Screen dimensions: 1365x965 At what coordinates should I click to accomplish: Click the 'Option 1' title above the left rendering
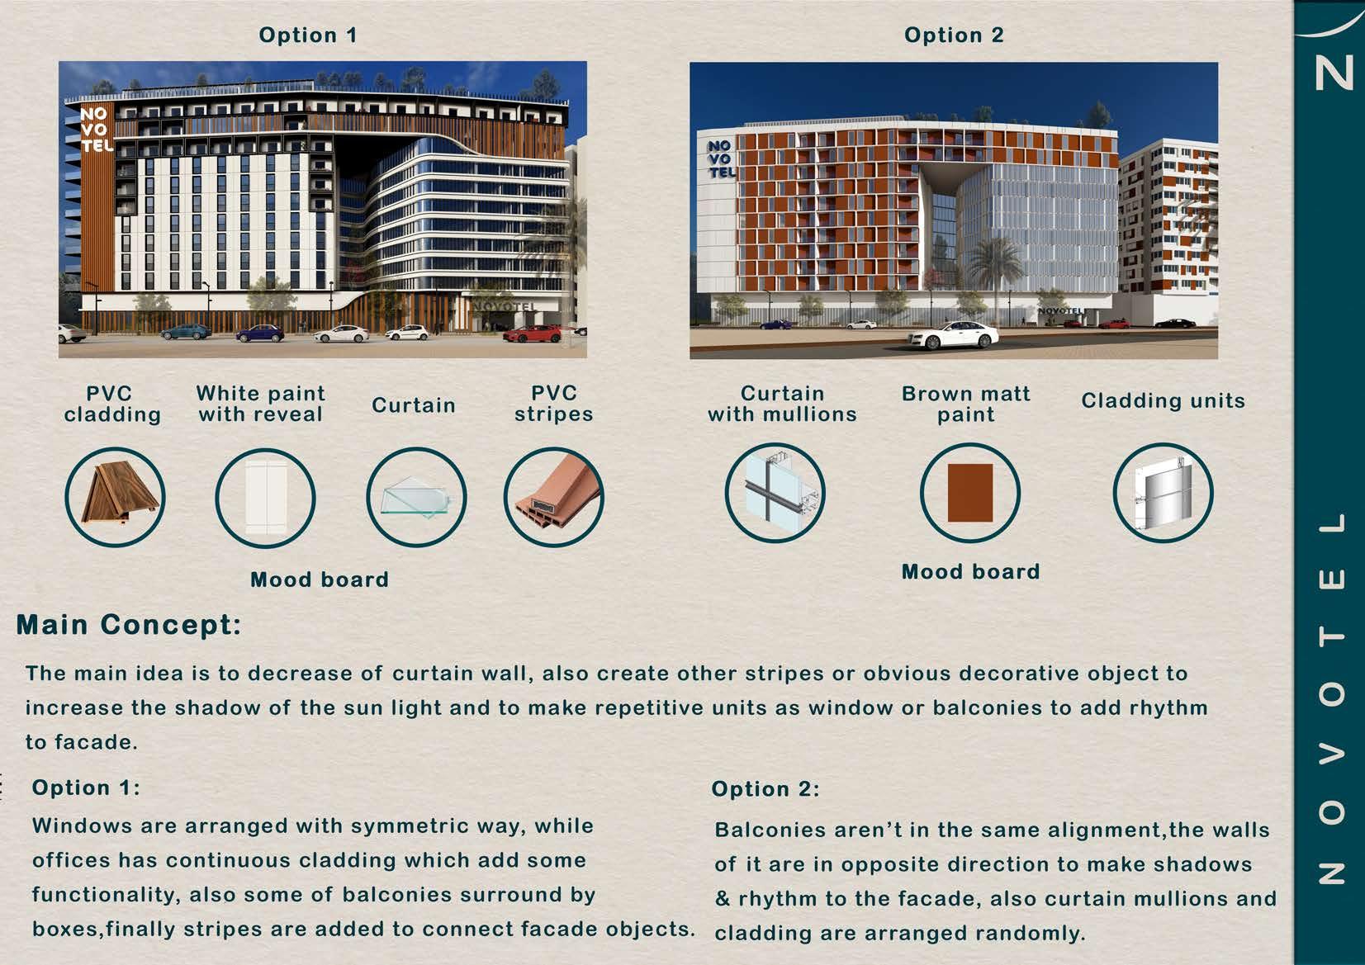(308, 35)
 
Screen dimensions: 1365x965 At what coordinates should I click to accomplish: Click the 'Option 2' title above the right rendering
(954, 35)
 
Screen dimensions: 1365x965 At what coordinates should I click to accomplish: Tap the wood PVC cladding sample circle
(115, 496)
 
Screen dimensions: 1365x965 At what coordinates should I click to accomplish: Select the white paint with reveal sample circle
(266, 498)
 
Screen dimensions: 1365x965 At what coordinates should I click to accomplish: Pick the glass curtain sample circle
(416, 497)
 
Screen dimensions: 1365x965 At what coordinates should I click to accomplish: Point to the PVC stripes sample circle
(554, 497)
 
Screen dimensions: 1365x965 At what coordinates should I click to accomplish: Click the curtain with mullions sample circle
(775, 492)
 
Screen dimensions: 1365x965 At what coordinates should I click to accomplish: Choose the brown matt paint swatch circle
(970, 492)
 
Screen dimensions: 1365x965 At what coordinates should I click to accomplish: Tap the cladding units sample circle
(1164, 492)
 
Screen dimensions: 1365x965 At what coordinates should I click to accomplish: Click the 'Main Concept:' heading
(129, 625)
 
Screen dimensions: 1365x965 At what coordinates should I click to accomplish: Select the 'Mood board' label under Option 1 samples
(320, 579)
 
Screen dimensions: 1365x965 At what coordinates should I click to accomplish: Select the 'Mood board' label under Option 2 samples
(971, 571)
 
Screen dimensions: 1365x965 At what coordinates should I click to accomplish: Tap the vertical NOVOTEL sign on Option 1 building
(97, 129)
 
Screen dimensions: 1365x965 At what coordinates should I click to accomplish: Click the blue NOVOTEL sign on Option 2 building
(722, 159)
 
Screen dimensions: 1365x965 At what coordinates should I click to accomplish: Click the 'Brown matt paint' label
(966, 404)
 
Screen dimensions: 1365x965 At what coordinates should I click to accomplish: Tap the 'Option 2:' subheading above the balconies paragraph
(765, 789)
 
